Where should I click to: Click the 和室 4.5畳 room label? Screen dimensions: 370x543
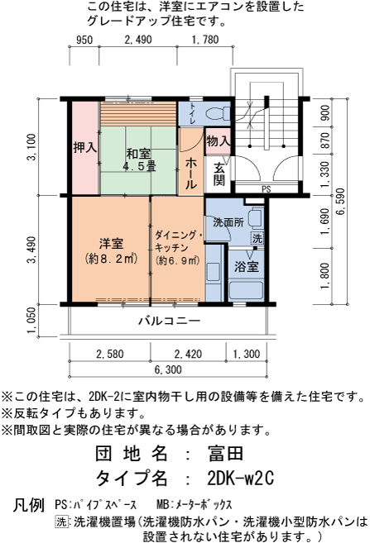pyautogui.click(x=138, y=160)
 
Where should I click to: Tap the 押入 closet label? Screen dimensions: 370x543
pyautogui.click(x=85, y=147)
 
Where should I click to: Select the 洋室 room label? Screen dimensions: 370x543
pyautogui.click(x=111, y=244)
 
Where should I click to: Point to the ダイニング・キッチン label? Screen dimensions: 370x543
pyautogui.click(x=178, y=241)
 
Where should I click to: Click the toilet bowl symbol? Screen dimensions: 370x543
pyautogui.click(x=218, y=113)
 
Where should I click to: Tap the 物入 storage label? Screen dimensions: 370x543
pyautogui.click(x=219, y=141)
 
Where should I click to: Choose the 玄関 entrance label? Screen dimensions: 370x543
pyautogui.click(x=219, y=174)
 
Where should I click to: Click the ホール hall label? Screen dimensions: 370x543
pyautogui.click(x=190, y=174)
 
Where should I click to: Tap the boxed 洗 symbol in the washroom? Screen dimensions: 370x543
pyautogui.click(x=257, y=238)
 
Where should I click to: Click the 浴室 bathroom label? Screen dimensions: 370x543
pyautogui.click(x=246, y=267)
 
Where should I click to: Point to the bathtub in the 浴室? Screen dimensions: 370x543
pyautogui.click(x=246, y=290)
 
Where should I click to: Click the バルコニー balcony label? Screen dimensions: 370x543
pyautogui.click(x=170, y=321)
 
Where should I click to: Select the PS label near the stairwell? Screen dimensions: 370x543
pyautogui.click(x=267, y=189)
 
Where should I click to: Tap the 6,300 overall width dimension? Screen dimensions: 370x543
pyautogui.click(x=168, y=369)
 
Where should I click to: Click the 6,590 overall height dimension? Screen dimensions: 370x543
pyautogui.click(x=341, y=201)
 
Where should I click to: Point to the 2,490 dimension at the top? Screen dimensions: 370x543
pyautogui.click(x=138, y=40)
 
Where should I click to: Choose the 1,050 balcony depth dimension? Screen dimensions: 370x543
pyautogui.click(x=31, y=321)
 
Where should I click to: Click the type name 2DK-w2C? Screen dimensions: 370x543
pyautogui.click(x=240, y=479)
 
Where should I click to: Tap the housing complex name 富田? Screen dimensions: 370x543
pyautogui.click(x=226, y=453)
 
